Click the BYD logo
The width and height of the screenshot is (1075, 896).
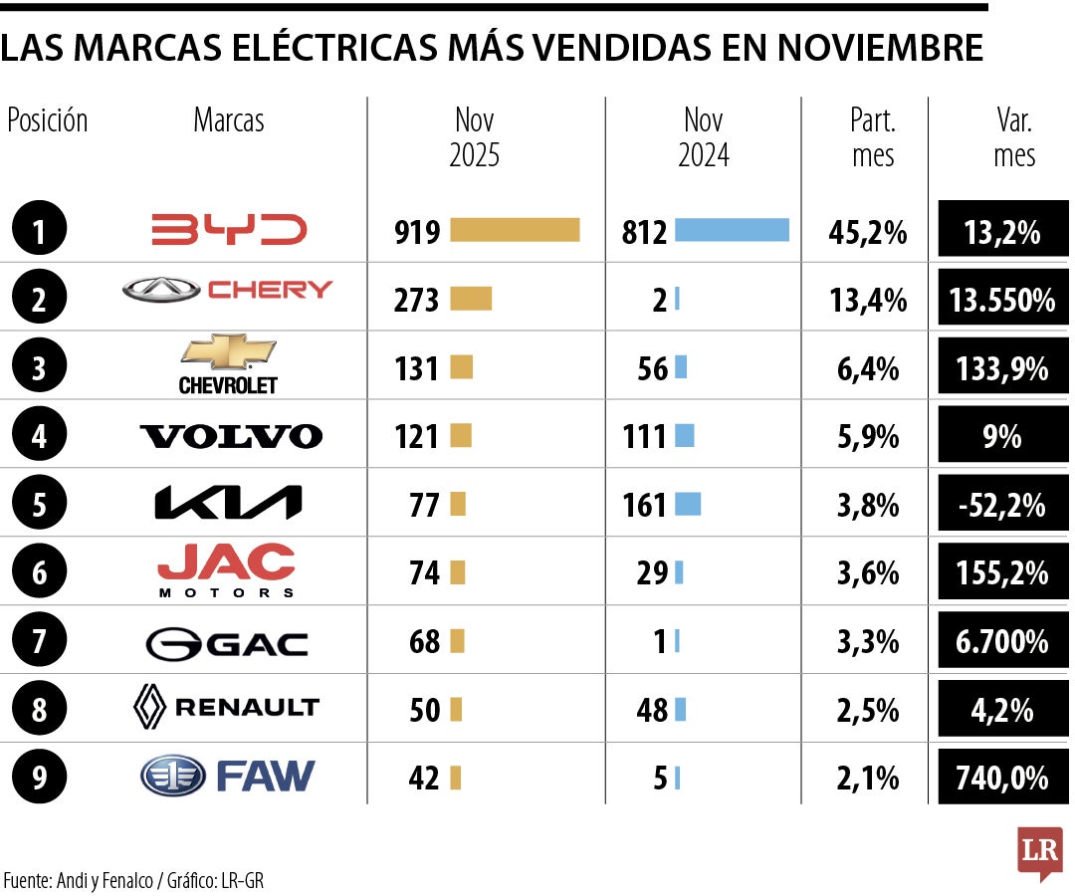(x=229, y=230)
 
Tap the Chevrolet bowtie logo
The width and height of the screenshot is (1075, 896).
(x=228, y=363)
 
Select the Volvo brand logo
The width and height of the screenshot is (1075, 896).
(x=231, y=436)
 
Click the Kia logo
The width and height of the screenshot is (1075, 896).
(x=228, y=504)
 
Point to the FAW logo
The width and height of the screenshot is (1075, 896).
(x=228, y=777)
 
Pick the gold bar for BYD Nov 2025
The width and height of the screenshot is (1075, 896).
(x=515, y=230)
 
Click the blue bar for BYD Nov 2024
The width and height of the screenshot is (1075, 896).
(x=732, y=230)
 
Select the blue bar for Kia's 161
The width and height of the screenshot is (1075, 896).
(x=688, y=504)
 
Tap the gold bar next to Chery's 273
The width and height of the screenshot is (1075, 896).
(x=471, y=299)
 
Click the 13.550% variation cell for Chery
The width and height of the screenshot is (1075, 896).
(x=1003, y=299)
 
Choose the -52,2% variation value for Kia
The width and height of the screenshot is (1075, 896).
(x=1003, y=504)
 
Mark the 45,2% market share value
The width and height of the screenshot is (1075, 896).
(x=867, y=232)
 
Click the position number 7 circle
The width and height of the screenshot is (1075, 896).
(x=39, y=641)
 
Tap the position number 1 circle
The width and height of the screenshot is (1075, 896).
(x=39, y=231)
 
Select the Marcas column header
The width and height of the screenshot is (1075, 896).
(x=229, y=120)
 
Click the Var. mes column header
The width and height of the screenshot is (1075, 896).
(x=1013, y=137)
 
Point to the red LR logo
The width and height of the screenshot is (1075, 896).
(x=1039, y=852)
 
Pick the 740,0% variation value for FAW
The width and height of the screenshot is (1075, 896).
(x=1003, y=778)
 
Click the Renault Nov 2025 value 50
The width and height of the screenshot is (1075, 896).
(x=424, y=710)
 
